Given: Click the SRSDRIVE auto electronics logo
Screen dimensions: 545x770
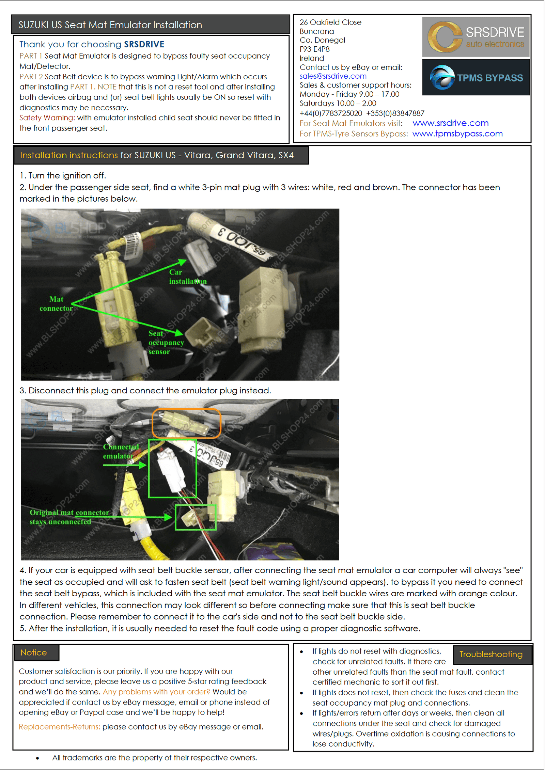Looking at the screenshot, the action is tap(476, 37).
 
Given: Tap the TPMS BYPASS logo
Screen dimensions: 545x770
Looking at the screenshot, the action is tap(476, 77).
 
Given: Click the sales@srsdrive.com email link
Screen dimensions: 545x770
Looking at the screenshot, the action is tap(333, 76).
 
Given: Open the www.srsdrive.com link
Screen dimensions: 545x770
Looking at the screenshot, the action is tap(450, 123).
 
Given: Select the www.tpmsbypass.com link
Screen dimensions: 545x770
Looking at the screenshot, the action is tap(457, 133).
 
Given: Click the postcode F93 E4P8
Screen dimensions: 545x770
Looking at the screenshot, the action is tap(314, 49).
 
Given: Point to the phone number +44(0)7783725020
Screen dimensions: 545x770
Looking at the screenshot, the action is tap(331, 113).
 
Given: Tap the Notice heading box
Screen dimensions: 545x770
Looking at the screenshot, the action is tap(36, 653).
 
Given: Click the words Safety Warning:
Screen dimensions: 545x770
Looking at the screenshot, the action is tap(47, 118).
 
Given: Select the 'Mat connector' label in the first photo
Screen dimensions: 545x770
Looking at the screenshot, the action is tap(56, 304).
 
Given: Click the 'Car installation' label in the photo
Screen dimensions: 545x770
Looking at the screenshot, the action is tap(188, 277).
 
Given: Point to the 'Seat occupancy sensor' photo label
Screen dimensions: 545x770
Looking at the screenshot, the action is tap(166, 343).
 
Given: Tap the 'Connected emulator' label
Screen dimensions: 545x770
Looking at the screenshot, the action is tap(121, 451).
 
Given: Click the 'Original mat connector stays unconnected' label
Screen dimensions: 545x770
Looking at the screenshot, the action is tap(69, 517).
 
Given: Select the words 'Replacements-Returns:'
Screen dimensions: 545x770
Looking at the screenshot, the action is tap(60, 727).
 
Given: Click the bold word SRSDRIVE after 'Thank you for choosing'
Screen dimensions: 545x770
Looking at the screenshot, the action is tap(144, 44).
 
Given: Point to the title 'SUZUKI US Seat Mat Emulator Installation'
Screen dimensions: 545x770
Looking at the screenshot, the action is tap(110, 25).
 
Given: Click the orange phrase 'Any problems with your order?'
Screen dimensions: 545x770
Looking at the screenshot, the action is tap(157, 692).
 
